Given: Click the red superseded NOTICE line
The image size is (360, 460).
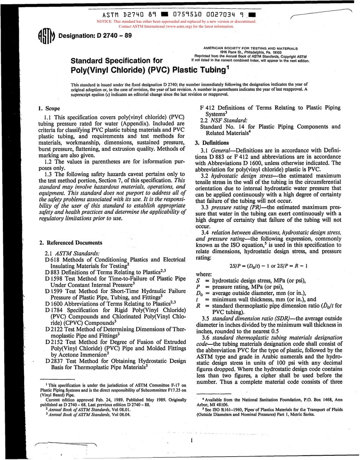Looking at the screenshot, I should click(177, 22).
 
